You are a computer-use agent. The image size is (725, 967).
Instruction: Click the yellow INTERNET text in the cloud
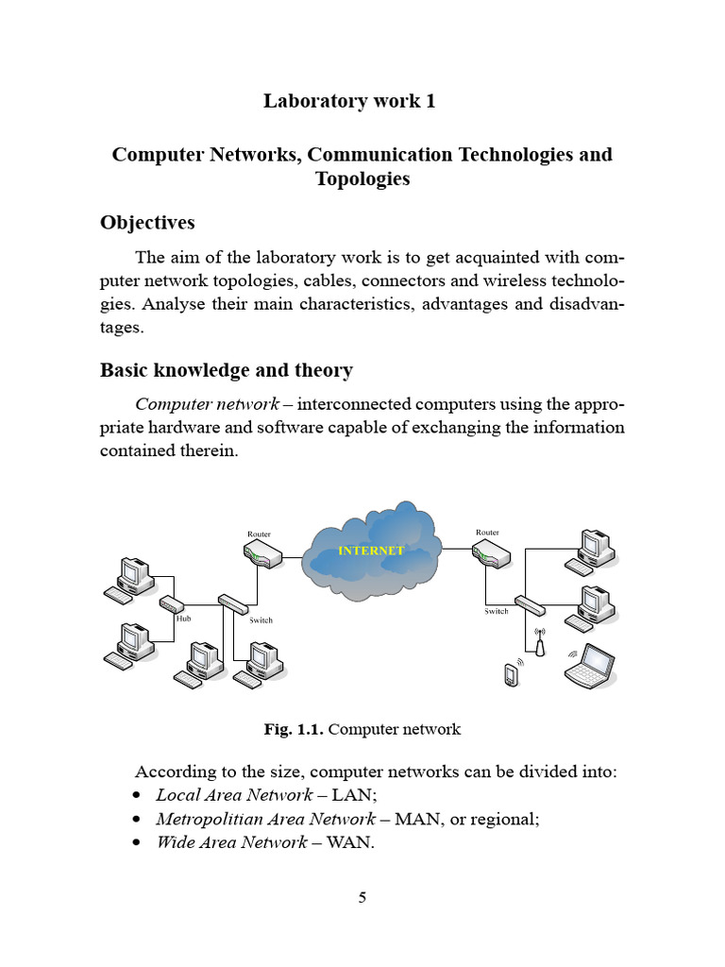click(x=371, y=551)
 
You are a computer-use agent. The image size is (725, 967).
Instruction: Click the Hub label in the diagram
click(x=183, y=619)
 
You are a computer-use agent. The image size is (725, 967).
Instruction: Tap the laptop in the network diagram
click(x=591, y=664)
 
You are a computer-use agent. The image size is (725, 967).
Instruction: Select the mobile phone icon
click(x=512, y=675)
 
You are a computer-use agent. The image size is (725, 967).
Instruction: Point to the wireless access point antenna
click(x=539, y=644)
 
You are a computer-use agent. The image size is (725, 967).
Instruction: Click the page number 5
click(x=362, y=897)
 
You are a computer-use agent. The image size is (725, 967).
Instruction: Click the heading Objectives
click(x=148, y=223)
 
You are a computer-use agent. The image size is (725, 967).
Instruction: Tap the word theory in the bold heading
click(x=322, y=370)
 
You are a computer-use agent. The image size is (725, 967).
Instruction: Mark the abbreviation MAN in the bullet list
click(x=413, y=819)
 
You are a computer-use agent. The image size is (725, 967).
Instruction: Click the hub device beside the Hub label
click(x=172, y=604)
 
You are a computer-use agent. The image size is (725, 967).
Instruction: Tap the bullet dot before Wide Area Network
click(x=139, y=842)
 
